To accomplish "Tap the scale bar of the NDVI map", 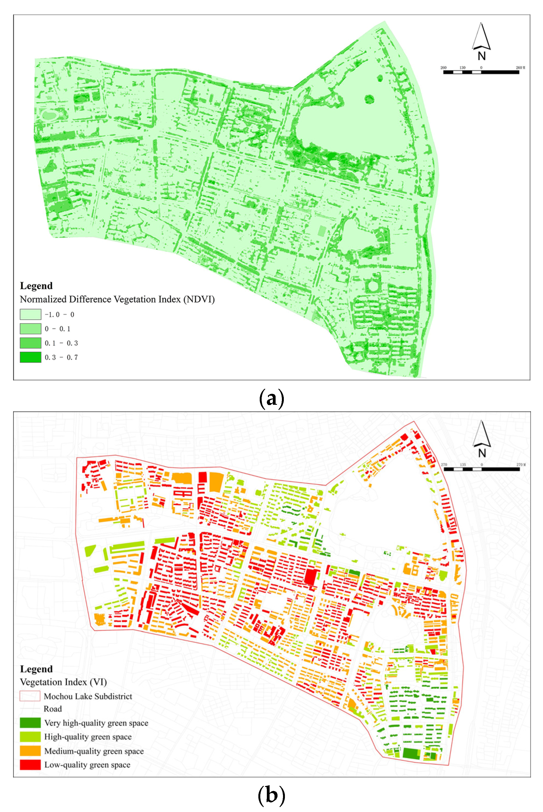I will tap(481, 72).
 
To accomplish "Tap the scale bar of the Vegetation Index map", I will tap(481, 469).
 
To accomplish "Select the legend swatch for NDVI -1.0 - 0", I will tap(30, 314).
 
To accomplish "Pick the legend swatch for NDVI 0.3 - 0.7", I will tap(30, 357).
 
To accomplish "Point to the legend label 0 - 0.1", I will tap(57, 329).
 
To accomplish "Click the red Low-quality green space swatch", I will tap(30, 765).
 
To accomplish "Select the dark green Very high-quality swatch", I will tap(30, 723).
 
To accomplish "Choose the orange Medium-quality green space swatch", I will tap(30, 751).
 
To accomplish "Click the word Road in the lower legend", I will tap(53, 709).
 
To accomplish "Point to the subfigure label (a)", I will tap(271, 399).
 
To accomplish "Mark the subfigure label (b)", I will tap(271, 795).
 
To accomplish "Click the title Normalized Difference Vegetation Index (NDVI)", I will tap(117, 299).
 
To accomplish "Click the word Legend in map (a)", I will tap(36, 286).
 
